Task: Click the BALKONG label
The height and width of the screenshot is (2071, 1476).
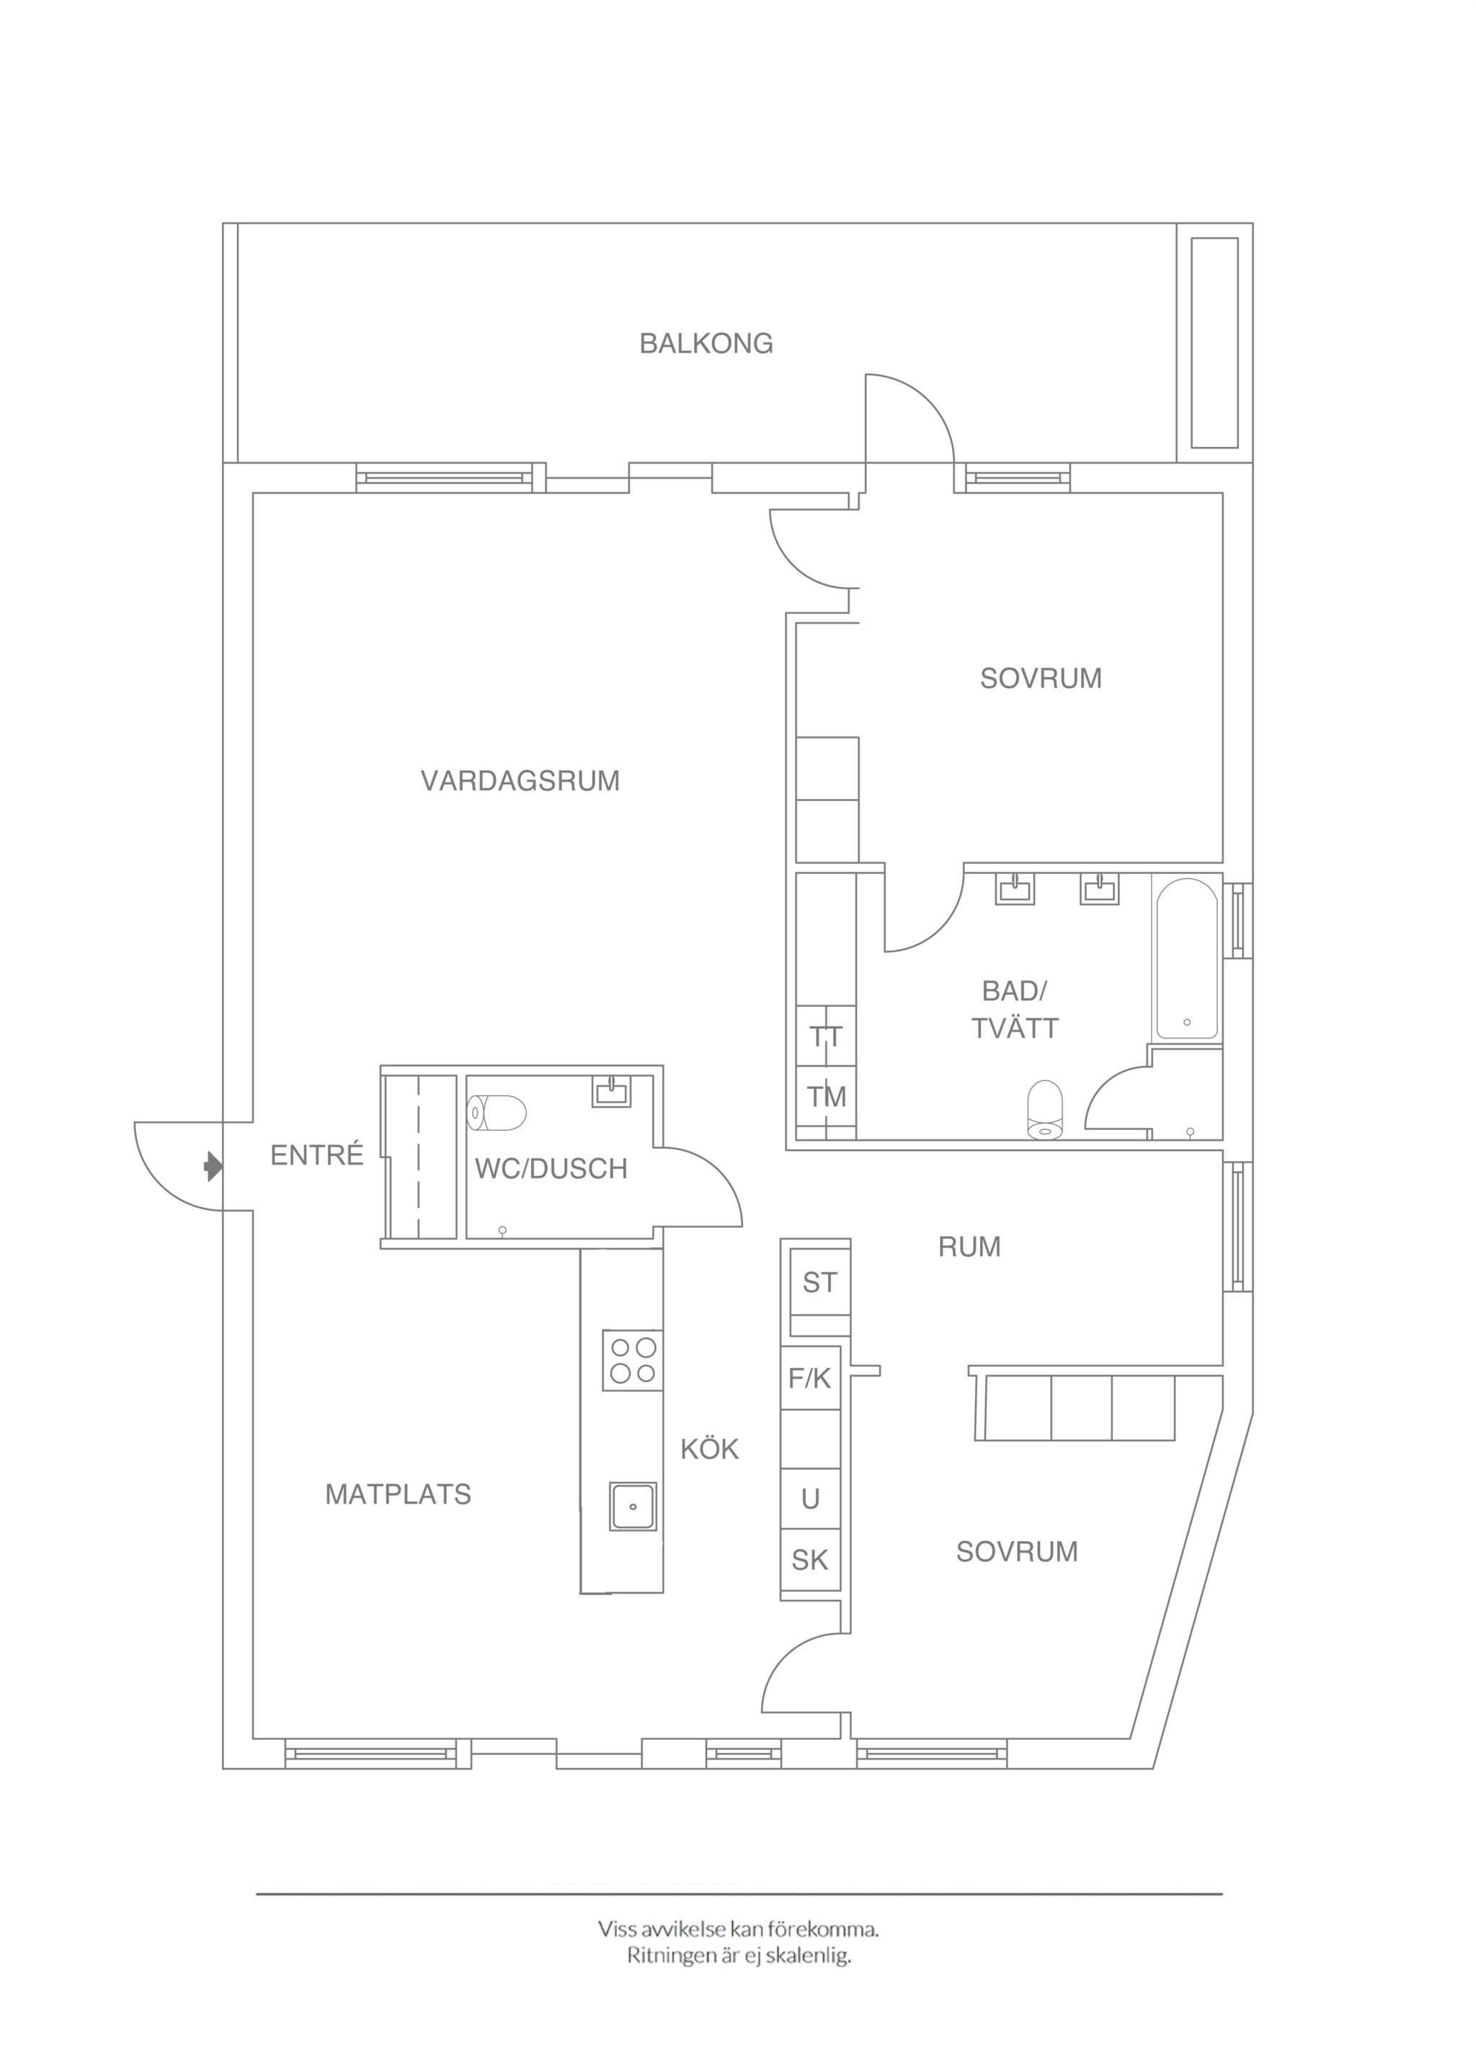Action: [706, 344]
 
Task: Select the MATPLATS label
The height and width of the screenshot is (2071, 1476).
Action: [398, 1495]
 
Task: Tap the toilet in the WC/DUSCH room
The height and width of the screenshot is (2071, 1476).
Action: [497, 1112]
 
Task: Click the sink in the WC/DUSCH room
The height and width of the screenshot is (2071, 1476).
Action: [612, 1090]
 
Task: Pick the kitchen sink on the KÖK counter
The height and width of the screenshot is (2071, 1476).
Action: [633, 1506]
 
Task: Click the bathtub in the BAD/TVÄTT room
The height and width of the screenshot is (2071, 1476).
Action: [1187, 958]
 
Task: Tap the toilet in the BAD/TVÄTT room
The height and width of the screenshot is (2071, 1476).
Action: [1045, 1109]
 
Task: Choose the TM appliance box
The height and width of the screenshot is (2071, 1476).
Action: [826, 1098]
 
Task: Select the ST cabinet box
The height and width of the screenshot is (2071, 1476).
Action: [819, 1283]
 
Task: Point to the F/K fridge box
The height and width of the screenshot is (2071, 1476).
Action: [810, 1379]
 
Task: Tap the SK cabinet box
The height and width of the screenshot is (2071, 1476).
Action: [810, 1561]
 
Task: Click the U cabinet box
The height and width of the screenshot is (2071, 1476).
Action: [810, 1499]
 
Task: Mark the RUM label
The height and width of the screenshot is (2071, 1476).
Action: [970, 1246]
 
